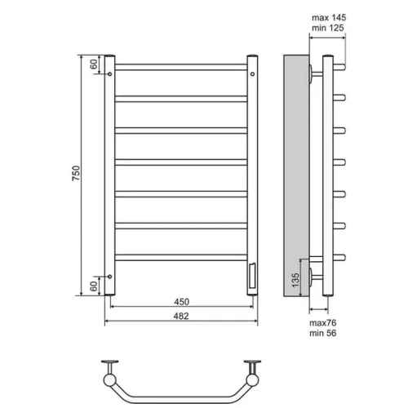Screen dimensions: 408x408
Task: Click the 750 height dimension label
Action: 76,173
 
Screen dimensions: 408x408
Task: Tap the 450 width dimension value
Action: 181,302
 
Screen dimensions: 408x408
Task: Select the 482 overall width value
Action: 181,316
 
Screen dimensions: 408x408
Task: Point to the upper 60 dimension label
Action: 93,64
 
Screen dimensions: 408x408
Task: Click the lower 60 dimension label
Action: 93,286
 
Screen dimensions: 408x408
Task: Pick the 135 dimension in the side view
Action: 295,280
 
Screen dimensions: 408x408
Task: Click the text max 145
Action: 329,18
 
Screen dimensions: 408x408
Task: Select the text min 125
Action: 328,28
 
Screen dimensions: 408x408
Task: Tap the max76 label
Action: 323,323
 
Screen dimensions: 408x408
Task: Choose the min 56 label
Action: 323,333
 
